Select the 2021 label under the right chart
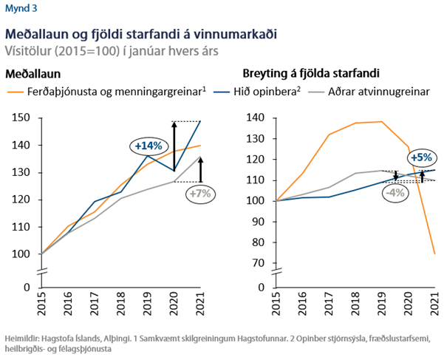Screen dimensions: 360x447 [x=435, y=305]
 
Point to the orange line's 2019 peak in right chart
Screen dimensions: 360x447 [x=381, y=122]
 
